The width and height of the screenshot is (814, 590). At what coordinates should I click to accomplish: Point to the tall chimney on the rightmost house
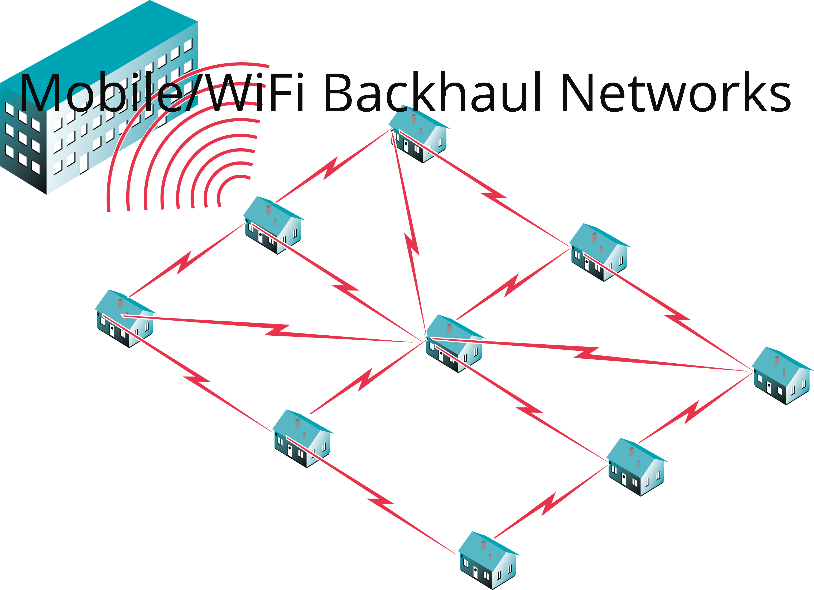[x=777, y=360]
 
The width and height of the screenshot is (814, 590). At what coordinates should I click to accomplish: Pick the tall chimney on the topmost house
[x=413, y=119]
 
